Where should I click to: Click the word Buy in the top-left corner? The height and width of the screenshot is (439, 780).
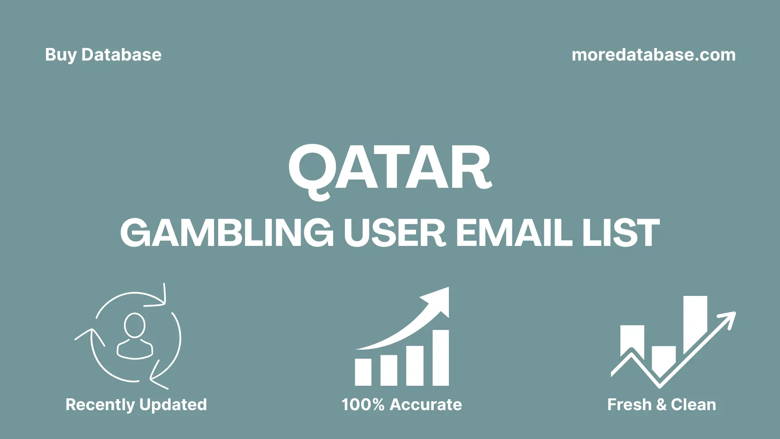tap(61, 55)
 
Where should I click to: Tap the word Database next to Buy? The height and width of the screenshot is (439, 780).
tap(121, 55)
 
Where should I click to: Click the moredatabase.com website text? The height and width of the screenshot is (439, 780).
tap(653, 55)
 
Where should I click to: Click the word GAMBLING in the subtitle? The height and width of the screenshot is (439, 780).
tap(227, 233)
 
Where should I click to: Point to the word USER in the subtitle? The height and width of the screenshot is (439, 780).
tap(395, 233)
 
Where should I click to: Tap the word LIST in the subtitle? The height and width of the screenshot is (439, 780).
tap(621, 233)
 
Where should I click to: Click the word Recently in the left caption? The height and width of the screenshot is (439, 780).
tap(100, 405)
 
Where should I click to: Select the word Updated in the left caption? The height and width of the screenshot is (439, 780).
tap(173, 405)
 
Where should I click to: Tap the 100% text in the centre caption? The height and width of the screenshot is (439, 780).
tap(363, 405)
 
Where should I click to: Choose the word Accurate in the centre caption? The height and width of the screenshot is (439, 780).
tap(426, 405)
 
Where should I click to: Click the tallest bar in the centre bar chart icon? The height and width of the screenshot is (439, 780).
tap(440, 358)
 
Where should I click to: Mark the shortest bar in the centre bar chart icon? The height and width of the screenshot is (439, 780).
tap(363, 372)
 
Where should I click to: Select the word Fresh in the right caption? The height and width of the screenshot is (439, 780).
tap(629, 405)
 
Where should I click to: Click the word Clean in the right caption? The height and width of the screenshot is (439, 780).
tap(693, 405)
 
